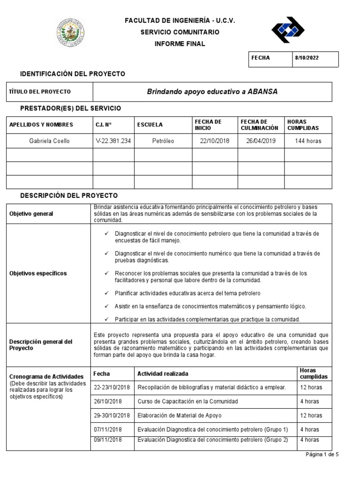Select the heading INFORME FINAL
coord(180,44)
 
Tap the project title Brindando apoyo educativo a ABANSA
coord(212,92)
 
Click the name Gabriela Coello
coord(50,141)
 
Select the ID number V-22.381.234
coord(113,141)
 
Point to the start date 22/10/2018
coord(214,141)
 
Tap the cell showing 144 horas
coord(308,141)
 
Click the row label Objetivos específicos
coord(38,273)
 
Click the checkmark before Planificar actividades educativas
coord(106,293)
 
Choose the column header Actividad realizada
coord(163,374)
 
